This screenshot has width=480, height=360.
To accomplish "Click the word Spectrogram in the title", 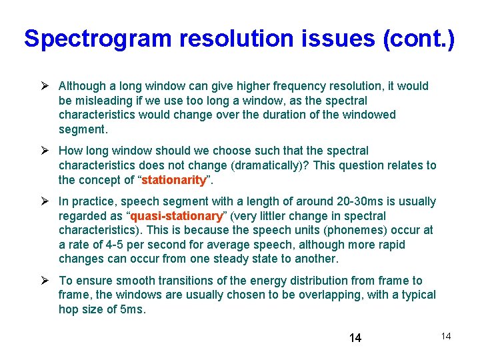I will (97, 39).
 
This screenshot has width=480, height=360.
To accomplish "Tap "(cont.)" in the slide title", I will (419, 39).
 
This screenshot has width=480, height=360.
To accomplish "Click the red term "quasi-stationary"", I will (177, 216).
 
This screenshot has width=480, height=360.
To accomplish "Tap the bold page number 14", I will (355, 338).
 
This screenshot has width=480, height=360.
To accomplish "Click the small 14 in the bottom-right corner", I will (445, 336).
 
